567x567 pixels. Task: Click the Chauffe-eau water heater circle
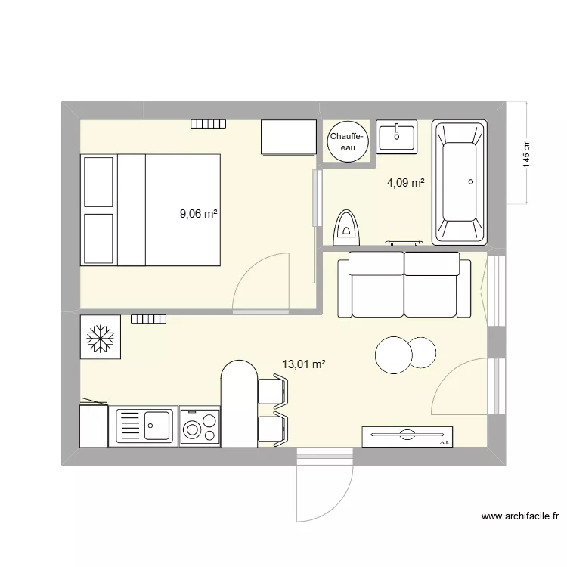(x=348, y=141)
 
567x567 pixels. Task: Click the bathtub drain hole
(x=471, y=181)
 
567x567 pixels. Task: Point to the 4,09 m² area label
(x=405, y=182)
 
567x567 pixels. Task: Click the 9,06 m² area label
(x=198, y=213)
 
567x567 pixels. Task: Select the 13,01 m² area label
(x=304, y=364)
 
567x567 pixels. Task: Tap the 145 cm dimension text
(x=527, y=154)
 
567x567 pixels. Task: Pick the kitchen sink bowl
(x=157, y=426)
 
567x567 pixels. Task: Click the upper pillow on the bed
(x=98, y=181)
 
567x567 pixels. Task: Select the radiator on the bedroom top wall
(x=208, y=124)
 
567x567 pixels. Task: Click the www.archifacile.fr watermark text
(x=520, y=518)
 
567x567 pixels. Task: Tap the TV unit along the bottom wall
(x=406, y=436)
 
